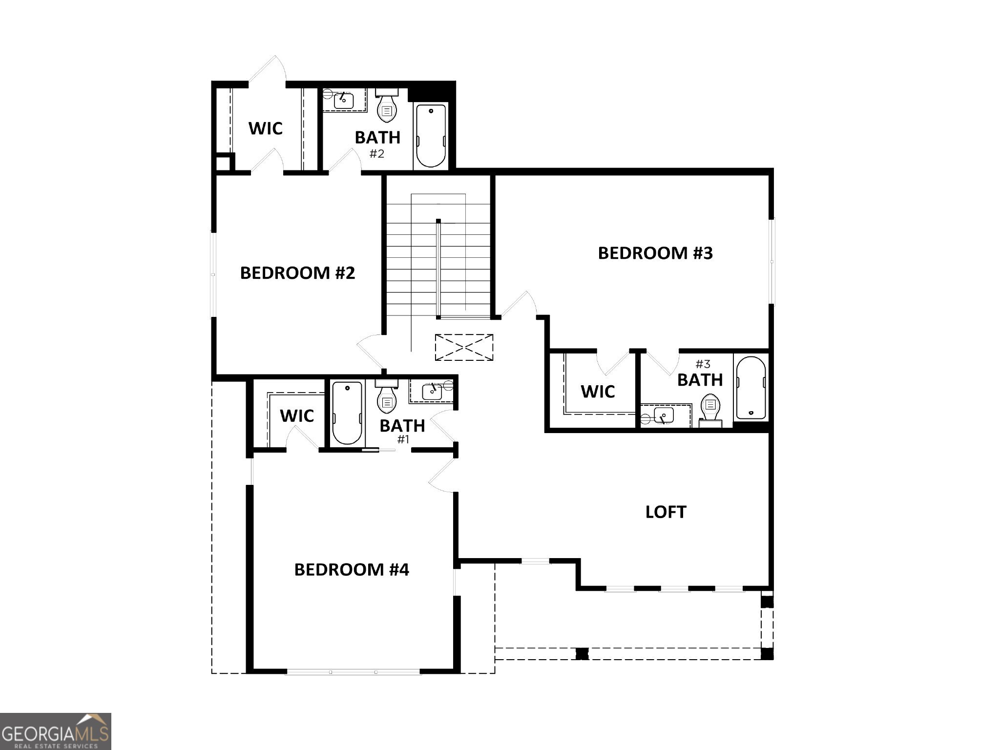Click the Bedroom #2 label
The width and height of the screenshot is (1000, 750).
pos(297,273)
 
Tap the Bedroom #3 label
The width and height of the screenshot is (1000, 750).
pos(655,253)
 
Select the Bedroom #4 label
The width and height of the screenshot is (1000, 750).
pos(352,569)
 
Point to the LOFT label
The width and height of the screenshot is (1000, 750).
pos(666,512)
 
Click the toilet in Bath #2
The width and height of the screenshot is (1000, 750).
pos(387,107)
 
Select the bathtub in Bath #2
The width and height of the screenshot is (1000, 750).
pos(431,135)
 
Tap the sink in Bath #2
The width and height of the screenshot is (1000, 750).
pos(344,101)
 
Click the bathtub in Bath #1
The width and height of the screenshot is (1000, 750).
pos(347,413)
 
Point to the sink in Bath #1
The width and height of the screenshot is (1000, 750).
pos(432,391)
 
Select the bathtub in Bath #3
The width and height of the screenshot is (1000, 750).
pos(750,388)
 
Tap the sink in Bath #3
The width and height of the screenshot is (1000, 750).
pos(664,416)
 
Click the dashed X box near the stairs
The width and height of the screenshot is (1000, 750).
pos(464,347)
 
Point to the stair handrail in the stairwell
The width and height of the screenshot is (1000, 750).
pos(438,269)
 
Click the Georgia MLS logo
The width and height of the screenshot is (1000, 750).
pos(55,731)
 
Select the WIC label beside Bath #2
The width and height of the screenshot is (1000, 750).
pos(265,128)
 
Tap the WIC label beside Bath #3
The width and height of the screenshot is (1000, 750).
pos(598,391)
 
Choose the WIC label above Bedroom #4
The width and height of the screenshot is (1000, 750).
pos(296,416)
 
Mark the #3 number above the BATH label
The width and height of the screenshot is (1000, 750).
pos(703,364)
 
